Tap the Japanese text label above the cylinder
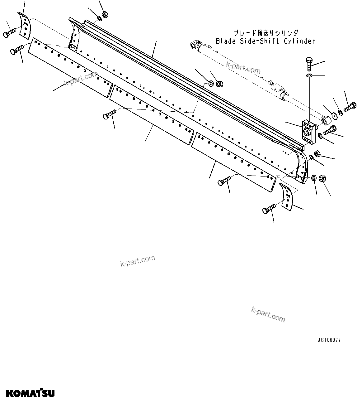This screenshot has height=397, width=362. click(x=266, y=33)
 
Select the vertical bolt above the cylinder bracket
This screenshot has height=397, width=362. click(x=309, y=65)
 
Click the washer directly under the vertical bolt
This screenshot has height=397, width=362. click(x=309, y=76)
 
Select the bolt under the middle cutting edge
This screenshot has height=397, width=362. click(x=109, y=114)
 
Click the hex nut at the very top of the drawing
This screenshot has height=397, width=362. click(x=105, y=14)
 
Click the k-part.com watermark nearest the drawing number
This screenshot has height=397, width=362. click(x=268, y=314)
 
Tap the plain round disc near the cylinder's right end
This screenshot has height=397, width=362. click(x=334, y=114)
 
